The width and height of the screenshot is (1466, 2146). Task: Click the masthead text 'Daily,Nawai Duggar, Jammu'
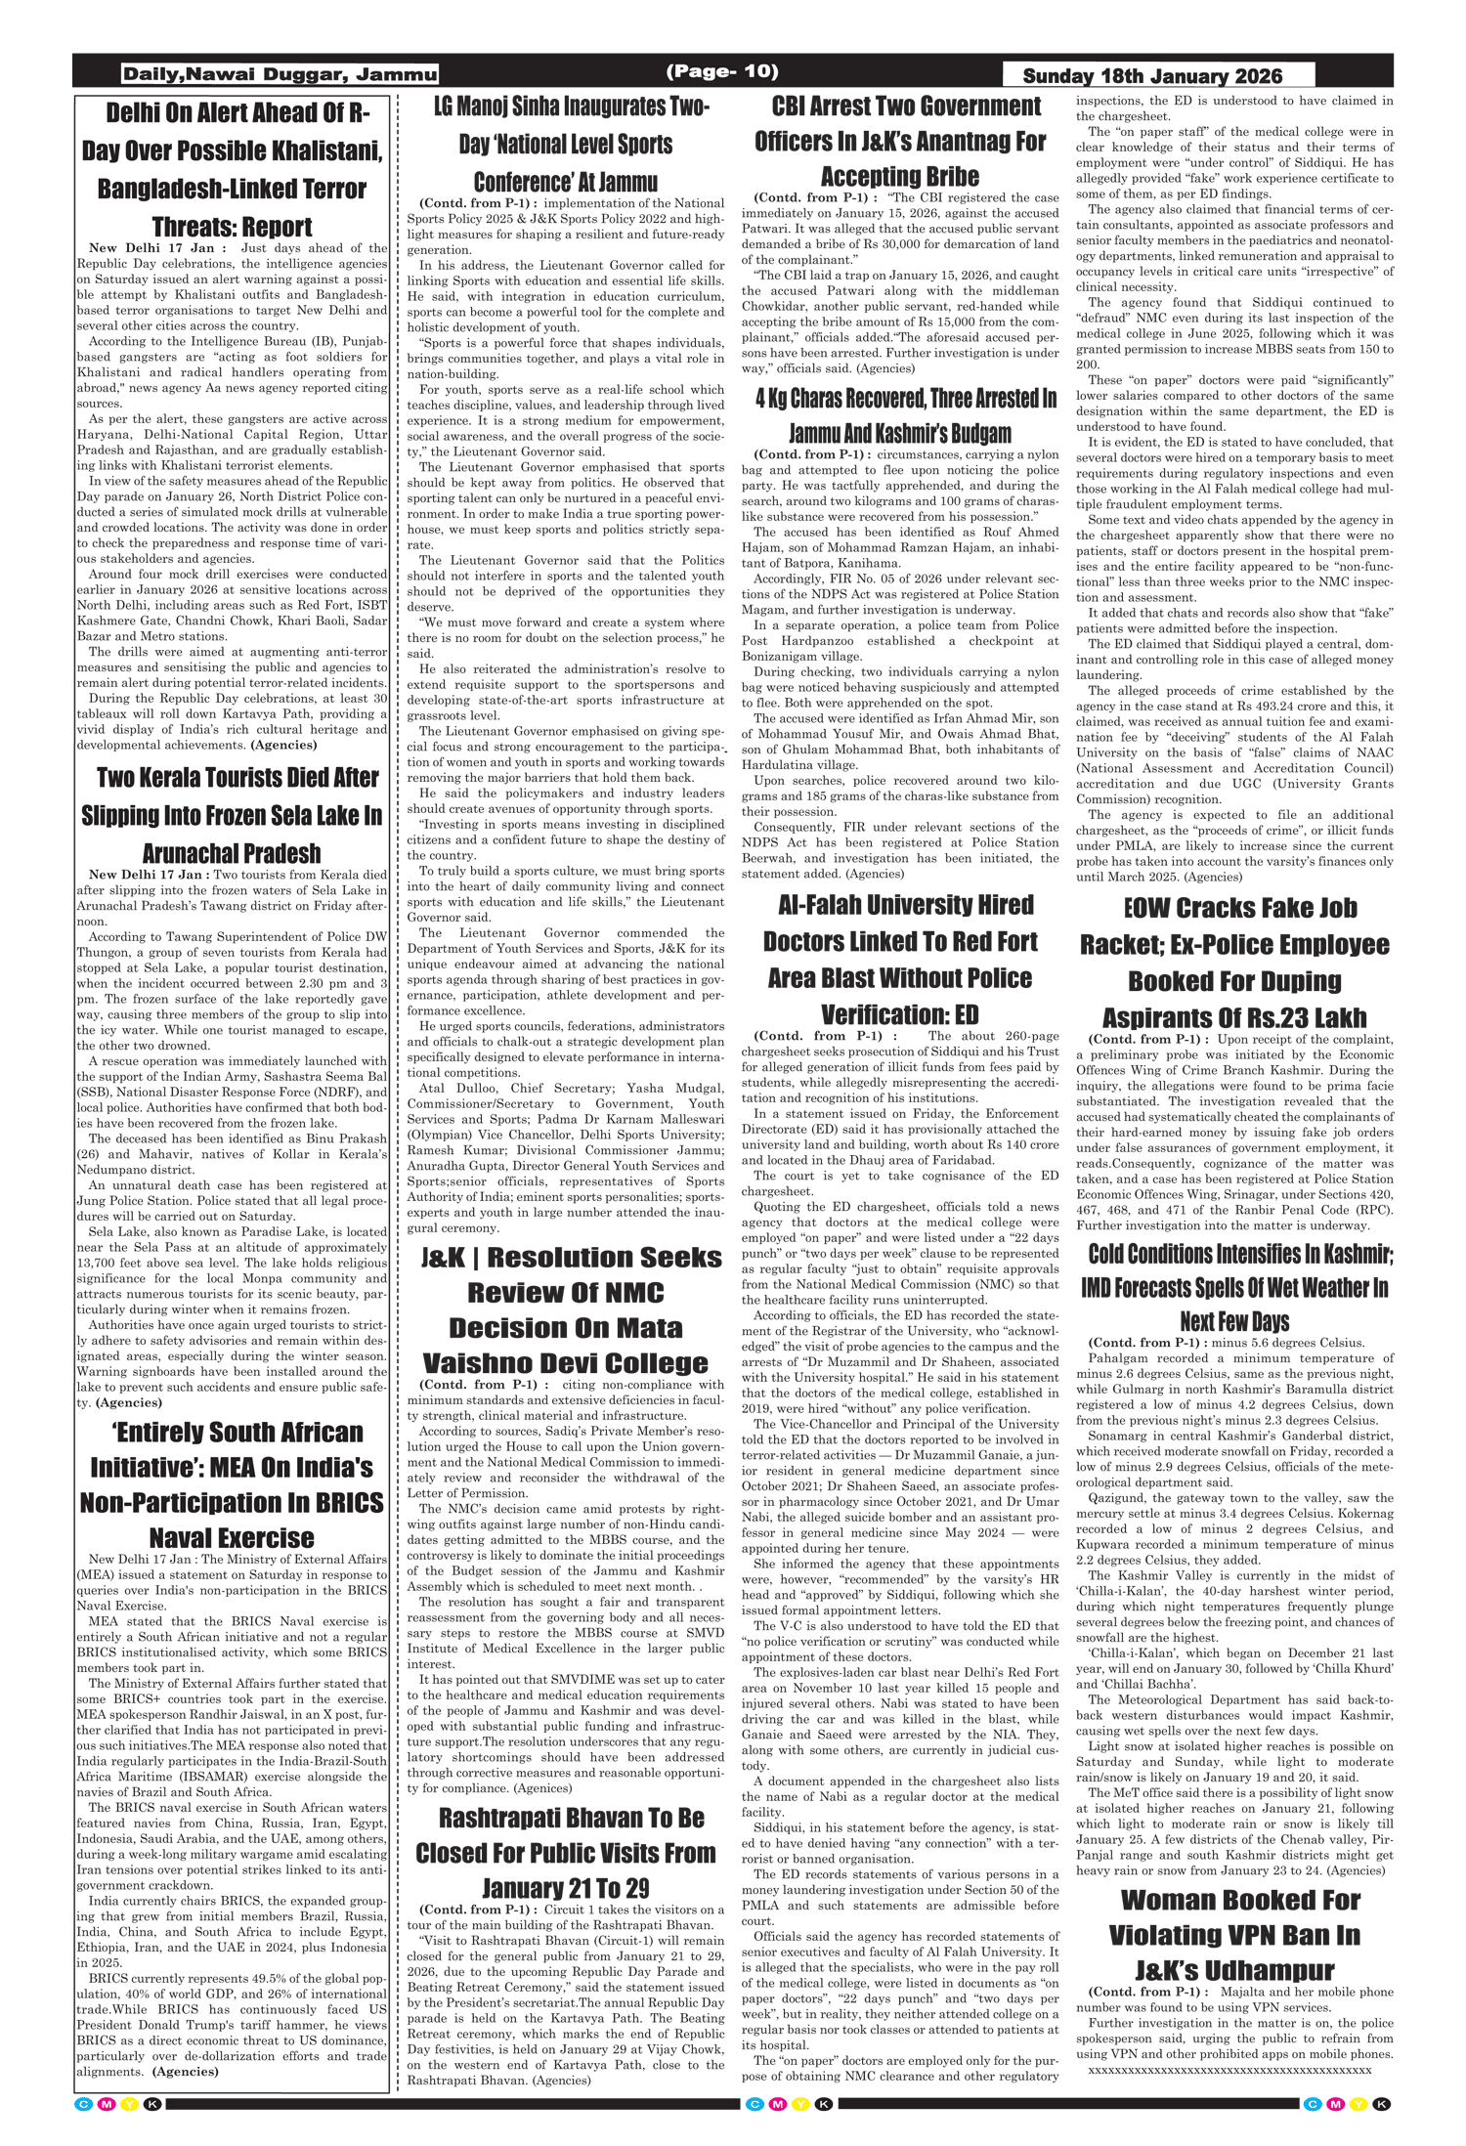pos(280,74)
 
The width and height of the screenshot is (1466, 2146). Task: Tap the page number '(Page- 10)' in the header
pos(721,71)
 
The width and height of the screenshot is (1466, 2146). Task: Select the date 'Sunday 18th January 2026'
pos(1152,76)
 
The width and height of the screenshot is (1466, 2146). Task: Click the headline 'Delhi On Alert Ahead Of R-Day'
pos(233,169)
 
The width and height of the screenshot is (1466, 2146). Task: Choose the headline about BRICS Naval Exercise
pos(233,1484)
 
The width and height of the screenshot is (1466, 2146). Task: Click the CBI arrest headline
pos(899,141)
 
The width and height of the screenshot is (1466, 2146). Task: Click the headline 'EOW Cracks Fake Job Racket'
pos(1234,963)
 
